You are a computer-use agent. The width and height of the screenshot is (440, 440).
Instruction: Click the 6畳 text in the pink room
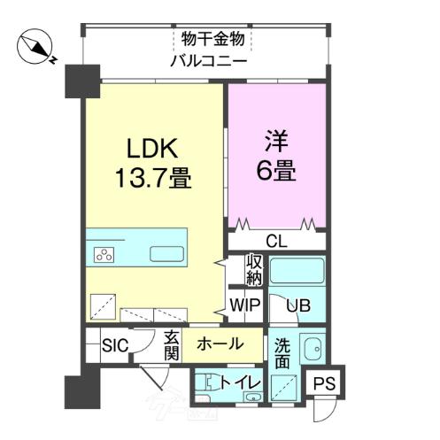pyautogui.click(x=274, y=169)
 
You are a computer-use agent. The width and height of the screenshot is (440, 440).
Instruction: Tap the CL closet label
pyautogui.click(x=275, y=241)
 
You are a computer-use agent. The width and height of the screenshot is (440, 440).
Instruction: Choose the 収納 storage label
pyautogui.click(x=254, y=270)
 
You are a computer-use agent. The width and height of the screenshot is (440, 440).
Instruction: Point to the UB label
pyautogui.click(x=297, y=306)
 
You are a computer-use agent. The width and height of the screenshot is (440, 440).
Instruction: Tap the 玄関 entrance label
pyautogui.click(x=172, y=346)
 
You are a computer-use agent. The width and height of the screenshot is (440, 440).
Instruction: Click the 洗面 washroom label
pyautogui.click(x=282, y=352)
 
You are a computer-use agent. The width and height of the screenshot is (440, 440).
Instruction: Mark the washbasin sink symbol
pyautogui.click(x=311, y=349)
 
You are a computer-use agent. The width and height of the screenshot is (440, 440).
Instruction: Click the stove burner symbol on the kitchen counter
pyautogui.click(x=104, y=255)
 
